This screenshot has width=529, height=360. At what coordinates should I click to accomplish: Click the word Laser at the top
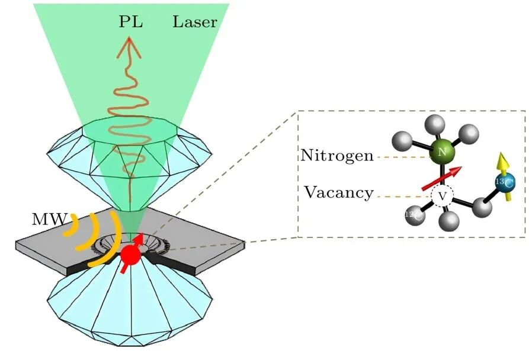coord(195,23)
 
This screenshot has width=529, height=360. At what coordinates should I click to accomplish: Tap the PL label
coord(131,23)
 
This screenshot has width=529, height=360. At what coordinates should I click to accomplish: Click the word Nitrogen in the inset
coord(336,156)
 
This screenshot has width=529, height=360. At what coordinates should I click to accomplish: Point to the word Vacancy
coord(339,192)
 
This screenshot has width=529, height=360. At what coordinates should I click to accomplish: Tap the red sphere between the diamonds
coord(131,255)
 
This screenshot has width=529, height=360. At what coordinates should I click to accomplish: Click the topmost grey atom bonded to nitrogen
coord(435,124)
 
